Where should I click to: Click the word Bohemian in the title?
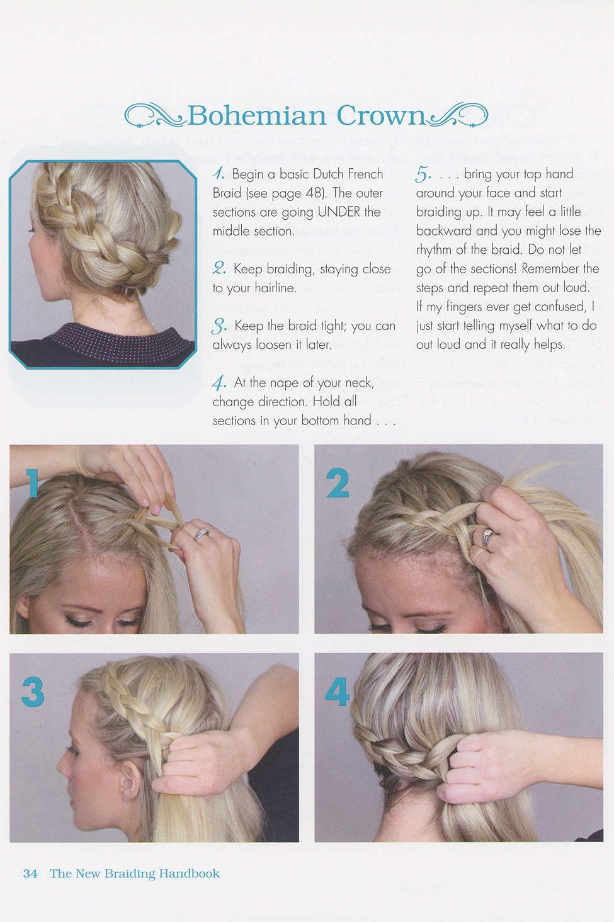(256, 116)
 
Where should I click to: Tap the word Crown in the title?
(382, 116)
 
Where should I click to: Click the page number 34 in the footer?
(30, 874)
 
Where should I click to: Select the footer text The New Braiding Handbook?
(135, 874)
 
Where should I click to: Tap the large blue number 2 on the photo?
(338, 484)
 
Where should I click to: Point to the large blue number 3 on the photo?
(32, 692)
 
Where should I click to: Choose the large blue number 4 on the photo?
(337, 692)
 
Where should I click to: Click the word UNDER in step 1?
(339, 212)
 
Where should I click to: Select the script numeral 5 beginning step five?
(423, 174)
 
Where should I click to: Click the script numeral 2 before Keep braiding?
(219, 269)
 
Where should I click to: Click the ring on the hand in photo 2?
(488, 537)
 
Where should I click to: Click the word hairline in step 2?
(275, 288)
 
